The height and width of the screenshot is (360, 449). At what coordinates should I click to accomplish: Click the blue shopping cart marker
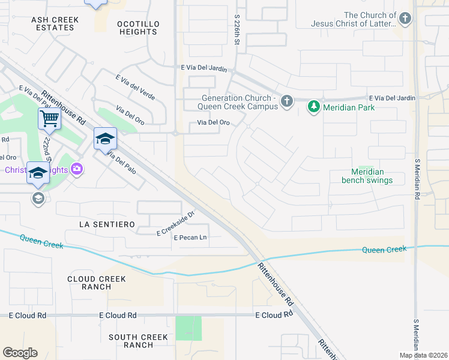(49, 118)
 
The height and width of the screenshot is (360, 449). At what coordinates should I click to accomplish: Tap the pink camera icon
(77, 170)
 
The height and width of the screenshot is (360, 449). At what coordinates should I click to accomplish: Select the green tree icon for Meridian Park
(313, 107)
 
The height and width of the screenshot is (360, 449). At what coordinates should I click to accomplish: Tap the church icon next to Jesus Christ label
(406, 19)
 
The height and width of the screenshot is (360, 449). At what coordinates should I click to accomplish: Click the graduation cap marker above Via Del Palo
(105, 139)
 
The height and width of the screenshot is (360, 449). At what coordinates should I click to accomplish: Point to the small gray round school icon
(38, 199)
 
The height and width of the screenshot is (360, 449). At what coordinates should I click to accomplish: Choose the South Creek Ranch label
(139, 341)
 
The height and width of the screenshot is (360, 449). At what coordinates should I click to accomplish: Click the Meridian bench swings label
(367, 176)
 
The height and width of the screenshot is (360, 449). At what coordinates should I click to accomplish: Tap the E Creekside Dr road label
(176, 223)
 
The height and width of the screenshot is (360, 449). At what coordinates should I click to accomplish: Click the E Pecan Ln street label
(190, 238)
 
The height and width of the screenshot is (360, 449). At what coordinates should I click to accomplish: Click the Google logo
(20, 353)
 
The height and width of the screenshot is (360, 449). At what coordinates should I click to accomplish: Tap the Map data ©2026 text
(423, 355)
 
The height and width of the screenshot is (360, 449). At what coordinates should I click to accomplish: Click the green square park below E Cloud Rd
(188, 328)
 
